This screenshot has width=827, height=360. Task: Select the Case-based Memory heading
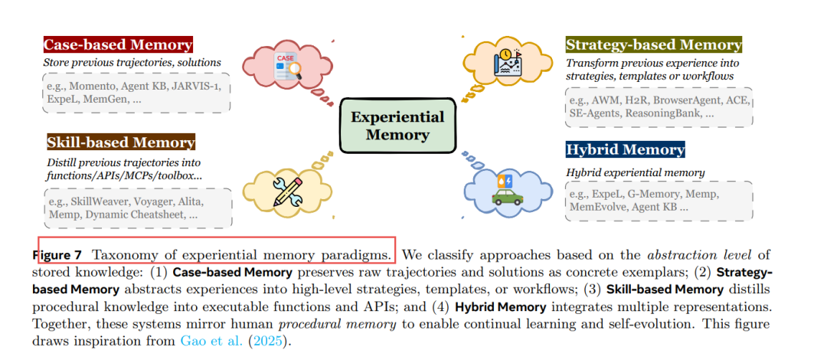coord(118,44)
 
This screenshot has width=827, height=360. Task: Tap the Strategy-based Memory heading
coord(653,44)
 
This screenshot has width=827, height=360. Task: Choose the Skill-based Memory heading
coord(120,142)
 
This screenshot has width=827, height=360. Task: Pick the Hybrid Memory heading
coord(625,149)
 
